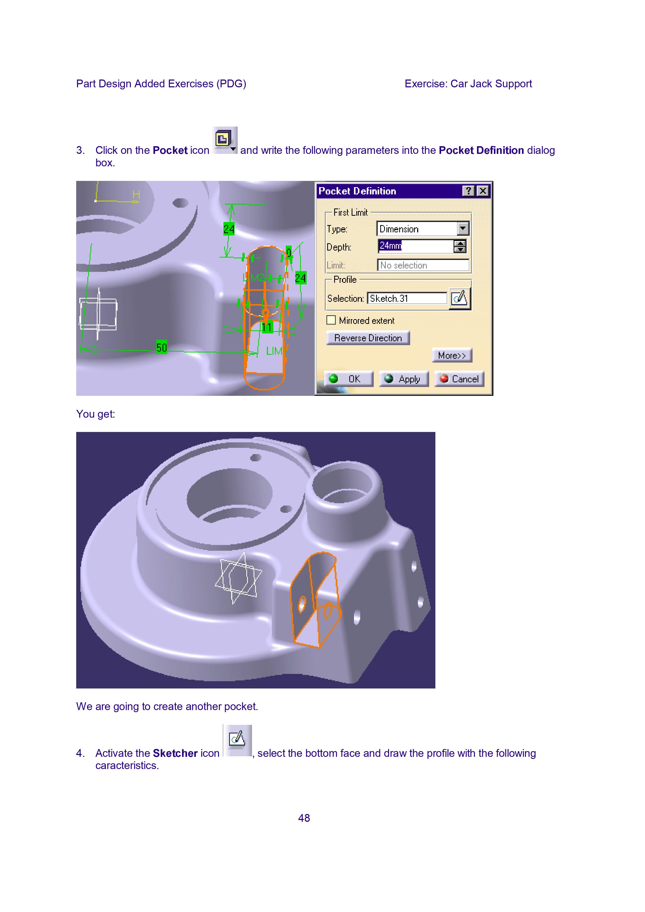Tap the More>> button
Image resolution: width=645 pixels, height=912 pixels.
click(452, 355)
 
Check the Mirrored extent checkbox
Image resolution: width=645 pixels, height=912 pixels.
click(331, 320)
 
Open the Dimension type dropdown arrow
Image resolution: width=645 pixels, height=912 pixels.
click(463, 228)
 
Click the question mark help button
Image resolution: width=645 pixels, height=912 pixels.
click(469, 191)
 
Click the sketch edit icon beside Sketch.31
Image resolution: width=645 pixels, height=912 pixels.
click(460, 298)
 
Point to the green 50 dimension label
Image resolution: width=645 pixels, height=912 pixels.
click(161, 347)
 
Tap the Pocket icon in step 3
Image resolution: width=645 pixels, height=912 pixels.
click(225, 140)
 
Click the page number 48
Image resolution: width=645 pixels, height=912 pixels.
click(304, 818)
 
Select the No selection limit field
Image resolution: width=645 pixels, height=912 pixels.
click(423, 265)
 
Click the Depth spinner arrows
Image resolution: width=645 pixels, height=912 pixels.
click(460, 246)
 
